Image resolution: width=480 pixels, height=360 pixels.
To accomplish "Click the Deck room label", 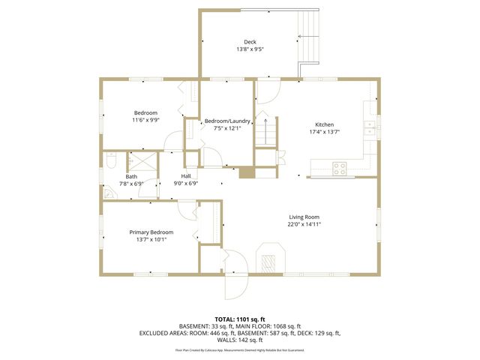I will [250, 42].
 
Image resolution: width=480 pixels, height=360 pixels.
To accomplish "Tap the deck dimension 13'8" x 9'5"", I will [250, 49].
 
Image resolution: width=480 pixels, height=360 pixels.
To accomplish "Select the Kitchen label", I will [324, 124].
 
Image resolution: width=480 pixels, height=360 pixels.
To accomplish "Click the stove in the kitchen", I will [340, 169].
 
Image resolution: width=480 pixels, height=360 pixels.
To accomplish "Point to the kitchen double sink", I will [370, 127].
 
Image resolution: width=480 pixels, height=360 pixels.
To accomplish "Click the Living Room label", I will [304, 217].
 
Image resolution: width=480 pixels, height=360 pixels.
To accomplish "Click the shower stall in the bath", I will [139, 163].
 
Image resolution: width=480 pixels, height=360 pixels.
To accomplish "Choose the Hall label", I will [185, 176].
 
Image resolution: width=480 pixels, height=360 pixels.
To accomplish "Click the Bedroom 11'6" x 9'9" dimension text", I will [145, 120].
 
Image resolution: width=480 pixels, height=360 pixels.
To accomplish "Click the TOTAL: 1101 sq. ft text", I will [239, 319].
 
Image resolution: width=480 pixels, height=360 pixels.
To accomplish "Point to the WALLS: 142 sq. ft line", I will [239, 339].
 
